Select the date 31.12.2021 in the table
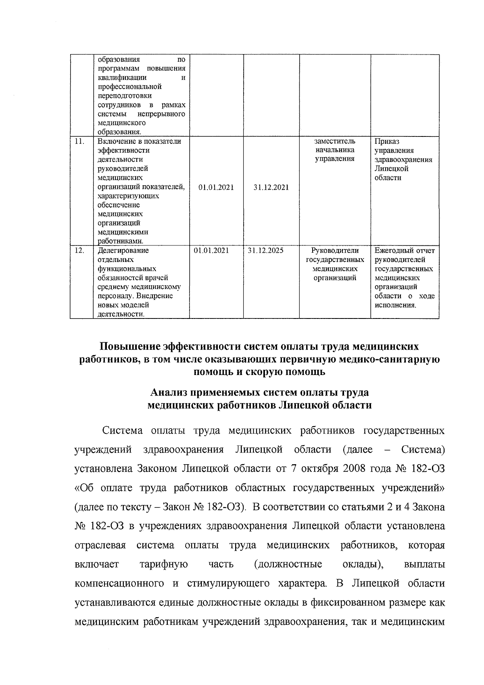pos(271,187)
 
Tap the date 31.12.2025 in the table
pos(265,250)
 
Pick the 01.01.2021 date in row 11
pos(217,187)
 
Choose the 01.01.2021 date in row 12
pos(211,250)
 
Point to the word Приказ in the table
pos(387,141)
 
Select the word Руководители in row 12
pos(335,250)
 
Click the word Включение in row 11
pos(114,141)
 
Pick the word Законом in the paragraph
pos(158,469)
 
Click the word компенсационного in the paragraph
pos(120,583)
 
